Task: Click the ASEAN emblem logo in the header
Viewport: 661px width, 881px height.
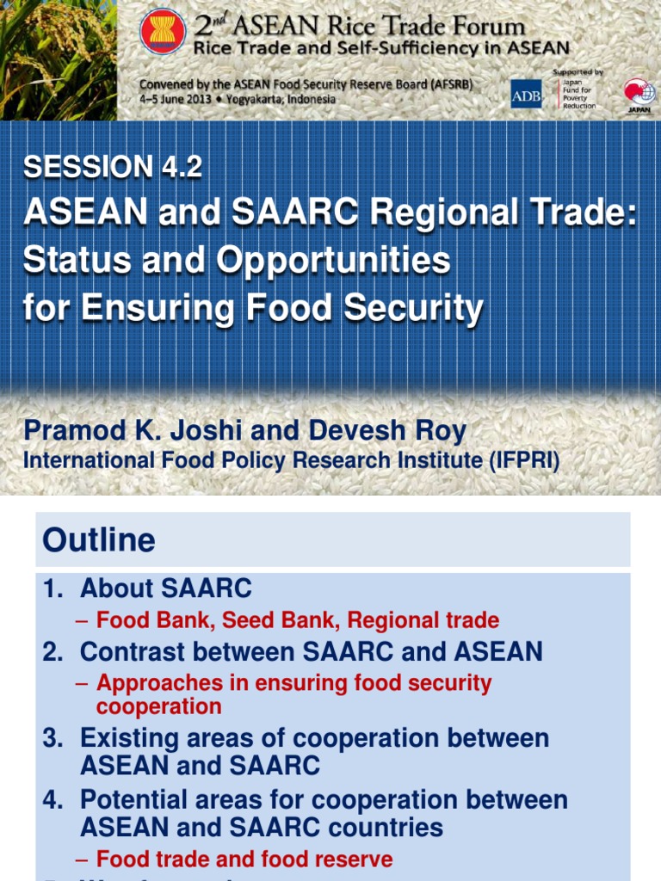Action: [162, 32]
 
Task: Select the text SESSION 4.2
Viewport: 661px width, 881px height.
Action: [113, 167]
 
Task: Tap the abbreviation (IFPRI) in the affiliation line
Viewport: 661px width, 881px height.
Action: [524, 461]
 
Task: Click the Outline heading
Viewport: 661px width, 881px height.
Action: [99, 540]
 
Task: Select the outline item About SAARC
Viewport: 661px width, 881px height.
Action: [165, 589]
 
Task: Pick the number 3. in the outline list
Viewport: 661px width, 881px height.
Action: [53, 738]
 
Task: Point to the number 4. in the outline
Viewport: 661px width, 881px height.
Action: [53, 800]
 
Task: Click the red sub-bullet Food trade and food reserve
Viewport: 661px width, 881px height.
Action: [244, 859]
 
